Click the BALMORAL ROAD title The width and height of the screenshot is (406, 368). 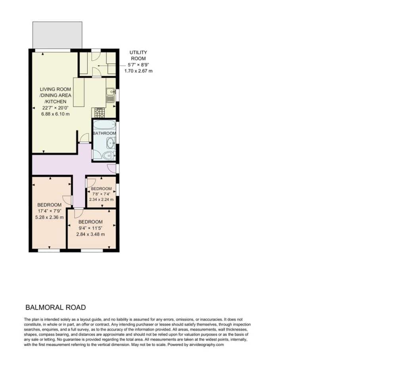(x=56, y=307)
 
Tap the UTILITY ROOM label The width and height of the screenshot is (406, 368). (x=138, y=55)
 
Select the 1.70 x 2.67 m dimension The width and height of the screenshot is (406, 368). (x=138, y=71)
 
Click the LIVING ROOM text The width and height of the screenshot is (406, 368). (x=55, y=89)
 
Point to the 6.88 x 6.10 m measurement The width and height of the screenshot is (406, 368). (x=56, y=114)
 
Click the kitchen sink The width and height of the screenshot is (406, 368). (x=111, y=95)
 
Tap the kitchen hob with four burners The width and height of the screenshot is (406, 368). (x=100, y=112)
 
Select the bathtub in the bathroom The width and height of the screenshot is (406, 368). (x=104, y=125)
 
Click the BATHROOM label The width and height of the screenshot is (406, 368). (x=104, y=133)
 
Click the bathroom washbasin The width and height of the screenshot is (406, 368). (x=111, y=143)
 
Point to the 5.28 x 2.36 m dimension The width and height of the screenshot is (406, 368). (x=49, y=217)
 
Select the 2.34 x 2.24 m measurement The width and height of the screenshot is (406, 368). (x=101, y=199)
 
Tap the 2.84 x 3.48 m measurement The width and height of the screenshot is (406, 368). (x=90, y=234)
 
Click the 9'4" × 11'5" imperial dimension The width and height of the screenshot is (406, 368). (x=90, y=228)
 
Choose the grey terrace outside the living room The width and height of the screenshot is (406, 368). (x=57, y=35)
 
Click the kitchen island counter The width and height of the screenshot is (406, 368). (x=79, y=92)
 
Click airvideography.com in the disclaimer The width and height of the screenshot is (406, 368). (x=206, y=345)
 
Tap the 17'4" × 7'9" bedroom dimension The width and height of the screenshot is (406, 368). (x=49, y=211)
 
